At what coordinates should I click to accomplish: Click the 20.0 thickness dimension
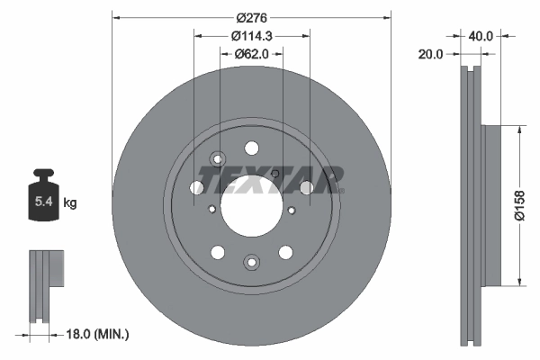click(432, 54)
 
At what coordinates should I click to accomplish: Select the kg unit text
click(70, 203)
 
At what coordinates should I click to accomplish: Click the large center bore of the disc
click(251, 197)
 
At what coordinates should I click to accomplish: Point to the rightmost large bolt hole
click(305, 187)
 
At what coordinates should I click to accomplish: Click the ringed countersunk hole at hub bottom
click(251, 262)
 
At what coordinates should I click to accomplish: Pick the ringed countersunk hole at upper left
click(216, 160)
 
